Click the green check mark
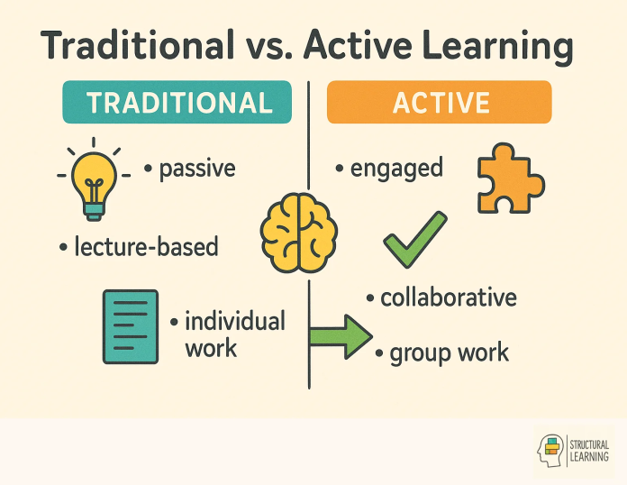(415, 239)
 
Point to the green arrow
(341, 337)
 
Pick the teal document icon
(129, 326)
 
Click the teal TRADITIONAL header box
(178, 102)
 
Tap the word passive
(195, 169)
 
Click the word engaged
(395, 169)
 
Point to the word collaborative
(447, 297)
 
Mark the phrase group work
(448, 352)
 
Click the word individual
(234, 321)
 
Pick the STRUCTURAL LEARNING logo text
(590, 451)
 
